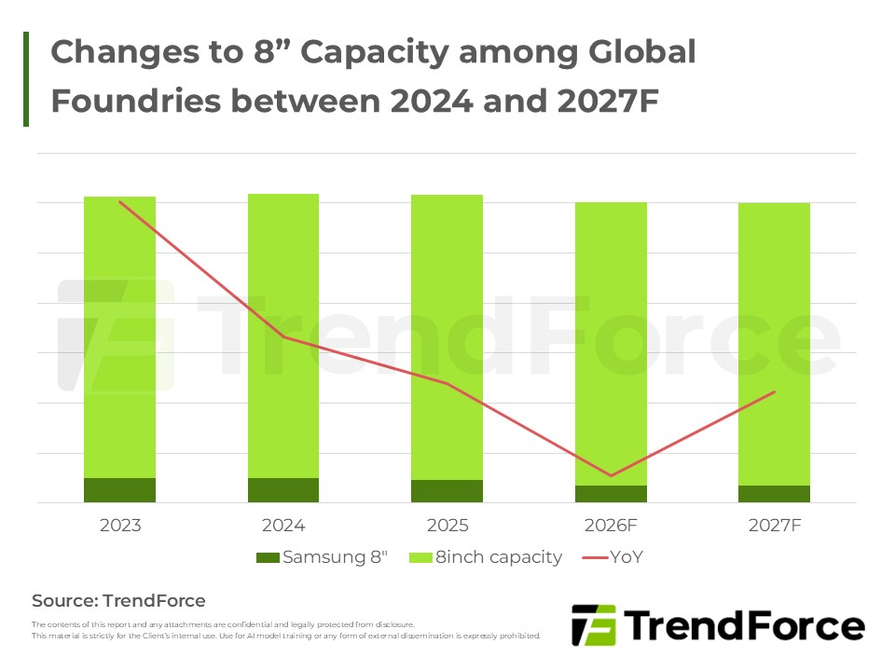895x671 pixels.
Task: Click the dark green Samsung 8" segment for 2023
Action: pos(119,490)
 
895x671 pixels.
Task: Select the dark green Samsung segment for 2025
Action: pos(447,491)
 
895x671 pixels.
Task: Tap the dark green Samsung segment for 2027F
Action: pos(774,494)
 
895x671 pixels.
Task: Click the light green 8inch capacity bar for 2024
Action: pos(283,335)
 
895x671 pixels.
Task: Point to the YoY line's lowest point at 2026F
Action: pos(611,475)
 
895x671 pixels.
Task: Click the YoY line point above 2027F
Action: pos(774,392)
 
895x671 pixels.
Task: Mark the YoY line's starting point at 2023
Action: pos(120,201)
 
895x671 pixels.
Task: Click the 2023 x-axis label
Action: pos(119,526)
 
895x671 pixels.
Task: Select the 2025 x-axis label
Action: pos(447,526)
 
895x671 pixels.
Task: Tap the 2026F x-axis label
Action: pos(611,526)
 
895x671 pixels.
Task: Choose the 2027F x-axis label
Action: pos(774,526)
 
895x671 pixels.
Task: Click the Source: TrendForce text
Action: pos(118,601)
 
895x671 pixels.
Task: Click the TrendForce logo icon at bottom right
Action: pos(594,626)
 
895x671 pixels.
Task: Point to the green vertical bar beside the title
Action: pos(26,79)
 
